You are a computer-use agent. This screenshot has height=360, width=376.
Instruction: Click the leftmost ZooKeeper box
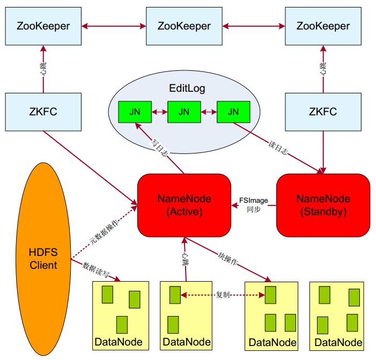(x=43, y=26)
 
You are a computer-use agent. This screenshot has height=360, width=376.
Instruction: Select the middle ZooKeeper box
(x=184, y=26)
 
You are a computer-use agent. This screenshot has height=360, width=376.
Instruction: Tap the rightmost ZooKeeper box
(x=323, y=26)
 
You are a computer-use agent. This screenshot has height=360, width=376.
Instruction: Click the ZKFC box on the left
(x=43, y=112)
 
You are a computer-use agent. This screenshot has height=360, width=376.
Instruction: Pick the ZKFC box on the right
(x=323, y=112)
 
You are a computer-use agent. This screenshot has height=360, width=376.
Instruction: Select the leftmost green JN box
(x=135, y=112)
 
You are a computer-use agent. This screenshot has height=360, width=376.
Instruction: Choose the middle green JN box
(x=184, y=112)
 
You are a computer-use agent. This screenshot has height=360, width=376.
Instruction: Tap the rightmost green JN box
(x=233, y=112)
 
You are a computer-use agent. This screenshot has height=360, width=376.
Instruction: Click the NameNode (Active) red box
(x=184, y=205)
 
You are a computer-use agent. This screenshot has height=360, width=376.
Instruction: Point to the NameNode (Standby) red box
(x=323, y=205)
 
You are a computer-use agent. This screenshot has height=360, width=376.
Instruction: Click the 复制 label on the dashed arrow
(x=223, y=295)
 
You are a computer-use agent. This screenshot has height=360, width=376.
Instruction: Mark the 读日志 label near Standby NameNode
(x=278, y=149)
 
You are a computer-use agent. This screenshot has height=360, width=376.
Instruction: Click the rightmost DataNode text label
(x=338, y=342)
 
